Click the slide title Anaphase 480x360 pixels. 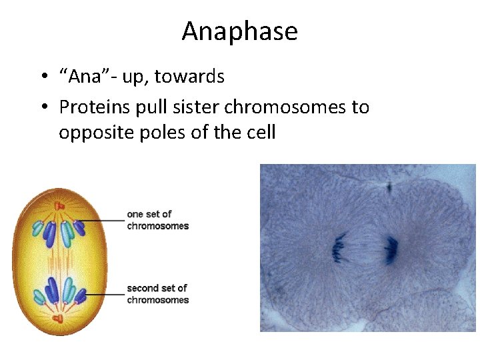pos(239,31)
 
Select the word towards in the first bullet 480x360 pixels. pos(189,77)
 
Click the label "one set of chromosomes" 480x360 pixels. pos(157,220)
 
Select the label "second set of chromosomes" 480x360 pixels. pos(157,294)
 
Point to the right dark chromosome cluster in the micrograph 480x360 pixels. pos(390,249)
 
